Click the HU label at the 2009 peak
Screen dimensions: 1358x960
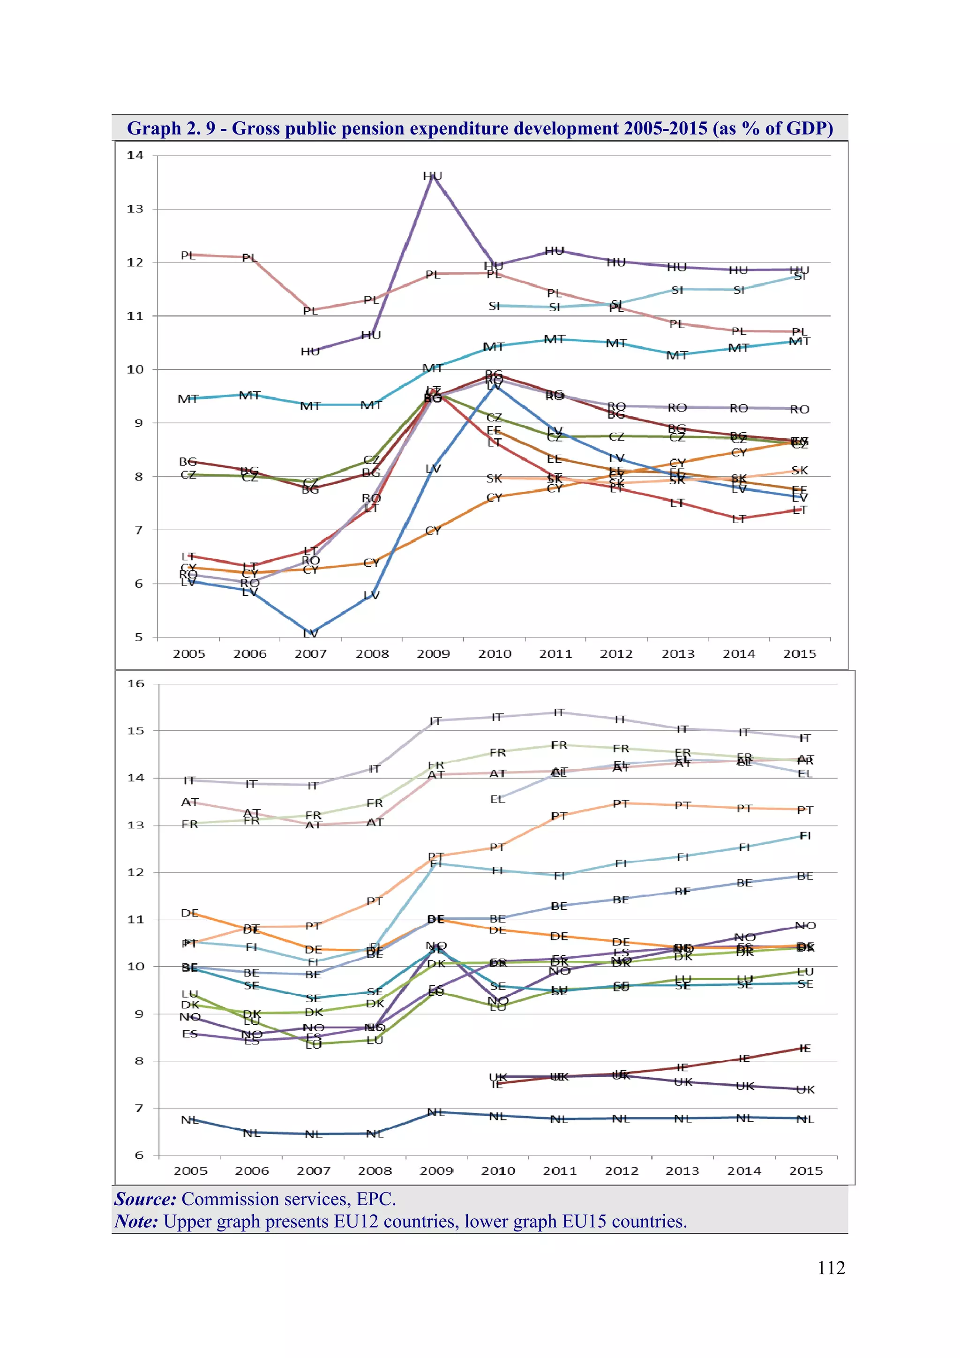(432, 176)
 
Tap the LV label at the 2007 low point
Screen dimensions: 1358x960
(310, 633)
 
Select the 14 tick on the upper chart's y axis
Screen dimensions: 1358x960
(135, 156)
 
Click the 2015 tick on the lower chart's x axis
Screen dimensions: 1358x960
(806, 1171)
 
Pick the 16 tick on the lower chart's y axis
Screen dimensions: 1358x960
(136, 684)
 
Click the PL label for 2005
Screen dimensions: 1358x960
(187, 255)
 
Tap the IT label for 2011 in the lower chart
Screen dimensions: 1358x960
(559, 713)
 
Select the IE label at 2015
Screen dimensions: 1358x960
(805, 1049)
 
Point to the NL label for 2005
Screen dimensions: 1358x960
(189, 1120)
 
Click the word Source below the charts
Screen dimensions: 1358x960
(145, 1199)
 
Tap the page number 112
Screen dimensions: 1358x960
(831, 1268)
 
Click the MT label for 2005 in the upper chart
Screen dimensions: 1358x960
(188, 399)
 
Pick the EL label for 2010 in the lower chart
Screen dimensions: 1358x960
(497, 800)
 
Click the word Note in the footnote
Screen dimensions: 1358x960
(136, 1222)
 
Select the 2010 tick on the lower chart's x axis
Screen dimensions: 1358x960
(498, 1171)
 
